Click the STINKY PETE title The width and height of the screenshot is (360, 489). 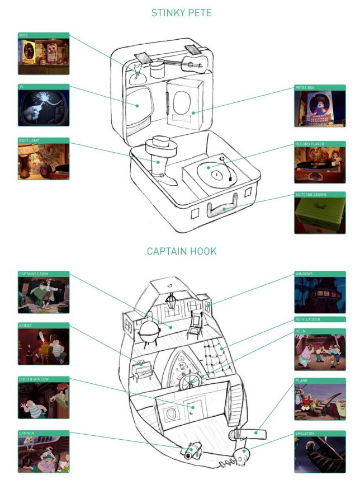click(182, 12)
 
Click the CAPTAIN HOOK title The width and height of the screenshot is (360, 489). click(182, 251)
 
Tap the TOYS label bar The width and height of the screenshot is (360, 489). click(44, 35)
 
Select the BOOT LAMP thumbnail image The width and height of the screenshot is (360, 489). click(44, 162)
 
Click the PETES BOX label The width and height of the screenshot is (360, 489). click(320, 88)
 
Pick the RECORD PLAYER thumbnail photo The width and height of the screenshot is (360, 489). click(320, 166)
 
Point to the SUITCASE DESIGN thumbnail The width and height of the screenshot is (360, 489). click(320, 215)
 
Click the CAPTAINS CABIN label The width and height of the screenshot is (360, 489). click(44, 274)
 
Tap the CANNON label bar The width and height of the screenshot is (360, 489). click(44, 432)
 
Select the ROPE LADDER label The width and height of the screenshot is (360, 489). click(320, 319)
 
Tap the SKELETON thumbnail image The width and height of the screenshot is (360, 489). click(320, 455)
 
